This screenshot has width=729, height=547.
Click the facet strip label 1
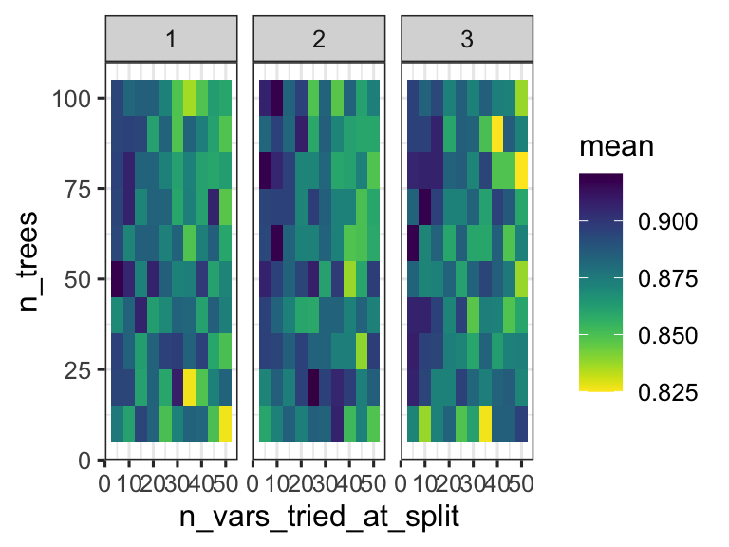[x=171, y=41]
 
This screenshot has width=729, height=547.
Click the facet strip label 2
[x=319, y=41]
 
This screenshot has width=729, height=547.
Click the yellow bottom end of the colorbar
[x=601, y=386]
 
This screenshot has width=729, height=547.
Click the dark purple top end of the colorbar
[x=601, y=178]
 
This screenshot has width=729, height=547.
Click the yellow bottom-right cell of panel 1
[x=225, y=423]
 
